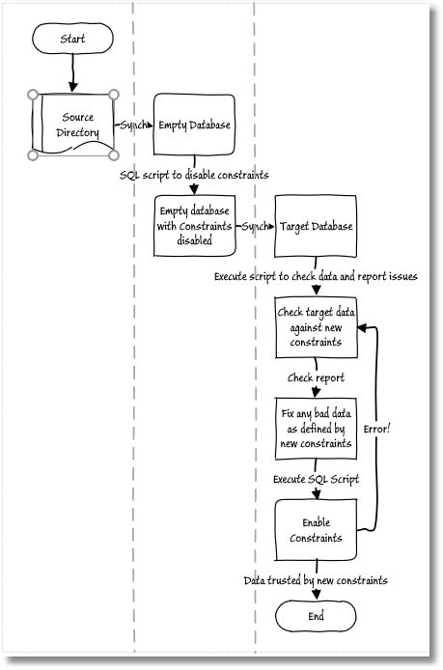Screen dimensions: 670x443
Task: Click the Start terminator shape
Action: pos(73,40)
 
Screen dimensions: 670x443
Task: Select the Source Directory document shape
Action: pos(74,124)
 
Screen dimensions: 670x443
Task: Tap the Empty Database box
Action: pos(195,124)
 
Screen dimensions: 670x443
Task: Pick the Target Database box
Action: pos(316,226)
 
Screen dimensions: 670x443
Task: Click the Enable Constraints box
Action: pos(316,529)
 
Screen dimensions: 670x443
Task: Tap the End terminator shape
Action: pos(316,615)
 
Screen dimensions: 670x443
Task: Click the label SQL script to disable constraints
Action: pos(193,175)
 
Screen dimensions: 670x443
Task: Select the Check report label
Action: pos(316,378)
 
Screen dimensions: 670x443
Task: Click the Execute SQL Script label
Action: pos(316,479)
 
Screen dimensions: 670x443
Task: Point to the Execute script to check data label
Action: pos(316,276)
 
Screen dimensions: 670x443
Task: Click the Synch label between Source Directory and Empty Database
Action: pos(133,125)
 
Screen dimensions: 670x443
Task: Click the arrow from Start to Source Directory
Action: pos(73,72)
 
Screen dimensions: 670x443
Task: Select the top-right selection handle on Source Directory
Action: pos(115,95)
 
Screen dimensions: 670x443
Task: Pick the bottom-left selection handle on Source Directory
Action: pos(34,154)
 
